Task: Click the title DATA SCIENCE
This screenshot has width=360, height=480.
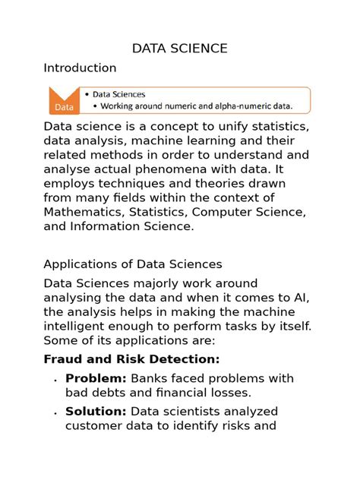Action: click(x=179, y=49)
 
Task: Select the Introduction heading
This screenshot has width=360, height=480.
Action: click(x=80, y=68)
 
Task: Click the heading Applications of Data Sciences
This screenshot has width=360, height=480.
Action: click(x=133, y=264)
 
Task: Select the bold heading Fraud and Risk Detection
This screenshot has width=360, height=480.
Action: click(x=131, y=358)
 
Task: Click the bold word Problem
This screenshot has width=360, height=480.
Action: click(x=95, y=378)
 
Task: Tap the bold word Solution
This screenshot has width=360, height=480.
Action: click(x=96, y=412)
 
